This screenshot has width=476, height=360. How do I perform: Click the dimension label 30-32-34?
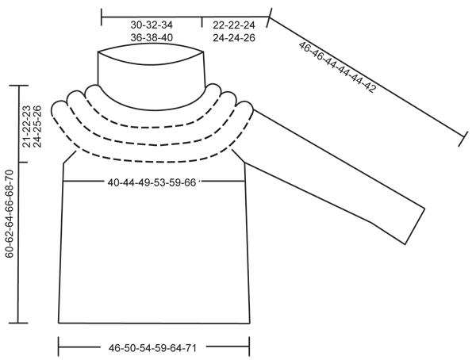pos(152,25)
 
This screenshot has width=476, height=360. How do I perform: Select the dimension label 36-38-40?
pos(152,37)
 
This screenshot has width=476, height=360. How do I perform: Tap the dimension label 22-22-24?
pos(233,25)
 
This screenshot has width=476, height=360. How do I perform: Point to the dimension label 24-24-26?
pos(233,37)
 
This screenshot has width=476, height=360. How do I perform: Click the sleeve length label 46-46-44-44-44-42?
pos(338,67)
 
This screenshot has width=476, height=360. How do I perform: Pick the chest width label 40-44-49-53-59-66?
pos(152,182)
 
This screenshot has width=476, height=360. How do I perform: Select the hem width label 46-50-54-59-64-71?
pos(152,347)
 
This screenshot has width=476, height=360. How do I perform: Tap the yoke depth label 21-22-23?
pos(27,126)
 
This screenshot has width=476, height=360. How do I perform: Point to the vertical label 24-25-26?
pos(37,126)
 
